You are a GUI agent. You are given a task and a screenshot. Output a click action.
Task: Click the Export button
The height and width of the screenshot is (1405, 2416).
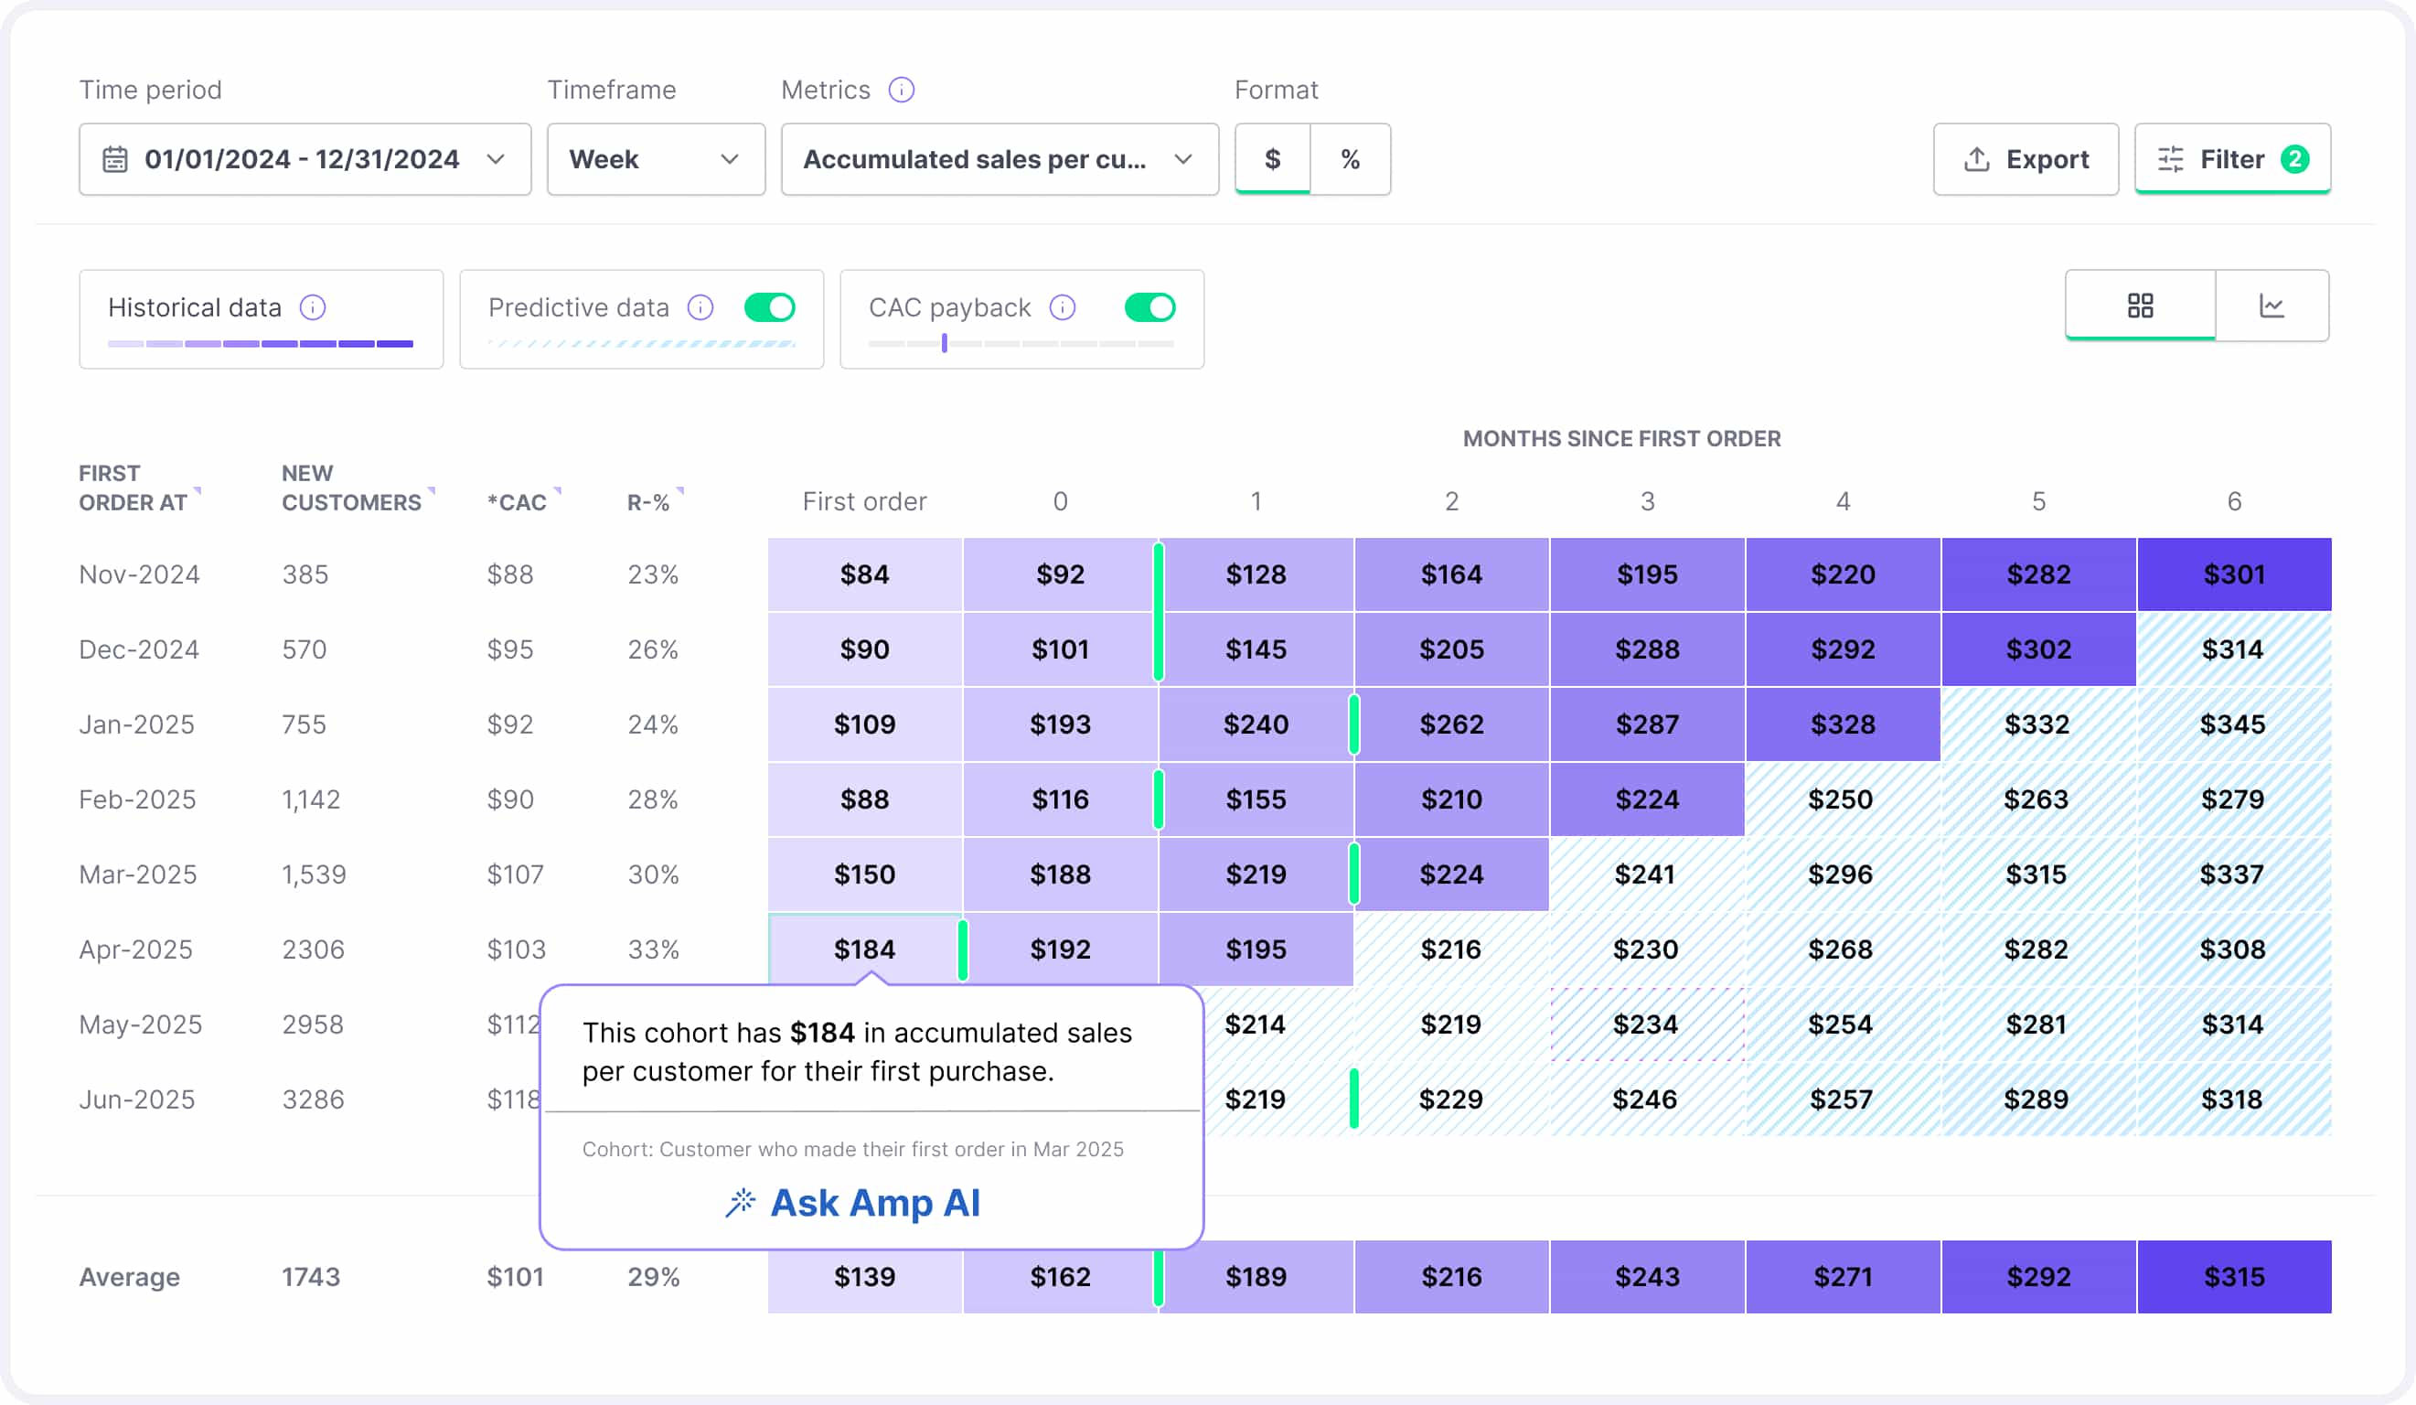coord(2025,159)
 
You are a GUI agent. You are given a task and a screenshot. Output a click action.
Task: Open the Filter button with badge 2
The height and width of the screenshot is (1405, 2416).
coord(2231,159)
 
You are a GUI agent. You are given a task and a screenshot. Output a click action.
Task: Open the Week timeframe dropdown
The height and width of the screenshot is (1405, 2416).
coord(656,159)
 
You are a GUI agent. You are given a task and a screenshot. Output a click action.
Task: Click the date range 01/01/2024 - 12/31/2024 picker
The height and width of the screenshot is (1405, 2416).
coord(305,159)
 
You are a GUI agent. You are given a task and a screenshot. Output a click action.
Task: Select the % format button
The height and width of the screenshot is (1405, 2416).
coord(1350,159)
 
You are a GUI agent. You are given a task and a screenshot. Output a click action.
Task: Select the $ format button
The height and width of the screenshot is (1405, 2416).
coord(1272,159)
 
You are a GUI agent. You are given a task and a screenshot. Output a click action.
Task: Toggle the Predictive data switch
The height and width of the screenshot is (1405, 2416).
coord(769,308)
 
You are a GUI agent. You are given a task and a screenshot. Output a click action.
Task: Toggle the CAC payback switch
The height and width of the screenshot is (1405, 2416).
coord(1149,308)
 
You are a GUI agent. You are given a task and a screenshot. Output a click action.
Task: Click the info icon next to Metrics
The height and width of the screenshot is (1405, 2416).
coord(902,91)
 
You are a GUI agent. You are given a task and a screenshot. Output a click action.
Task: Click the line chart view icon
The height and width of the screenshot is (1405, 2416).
coord(2272,306)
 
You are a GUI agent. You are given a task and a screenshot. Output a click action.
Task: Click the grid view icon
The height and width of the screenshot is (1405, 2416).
coord(2140,306)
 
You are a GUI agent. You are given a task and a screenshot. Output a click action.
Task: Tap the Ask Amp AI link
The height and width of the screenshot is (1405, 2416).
coord(853,1203)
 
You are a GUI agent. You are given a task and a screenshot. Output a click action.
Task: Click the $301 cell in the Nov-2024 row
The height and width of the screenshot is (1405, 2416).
coord(2233,574)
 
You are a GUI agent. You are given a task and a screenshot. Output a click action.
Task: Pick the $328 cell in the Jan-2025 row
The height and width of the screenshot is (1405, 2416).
coord(1842,724)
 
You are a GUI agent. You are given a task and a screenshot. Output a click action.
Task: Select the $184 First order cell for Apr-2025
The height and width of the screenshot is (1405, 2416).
coord(864,949)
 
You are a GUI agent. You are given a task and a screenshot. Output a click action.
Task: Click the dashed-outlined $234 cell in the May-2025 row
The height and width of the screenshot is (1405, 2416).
coord(1646,1024)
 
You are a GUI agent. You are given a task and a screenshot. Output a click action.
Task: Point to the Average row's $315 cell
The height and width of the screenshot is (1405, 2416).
coord(2233,1277)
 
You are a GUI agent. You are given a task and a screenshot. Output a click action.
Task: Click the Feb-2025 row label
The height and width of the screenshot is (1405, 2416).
coord(137,799)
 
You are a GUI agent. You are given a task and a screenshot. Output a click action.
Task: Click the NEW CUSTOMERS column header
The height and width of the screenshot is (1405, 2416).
coord(351,488)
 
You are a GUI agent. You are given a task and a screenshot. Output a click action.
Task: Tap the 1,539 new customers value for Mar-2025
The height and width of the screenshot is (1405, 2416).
coord(314,874)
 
